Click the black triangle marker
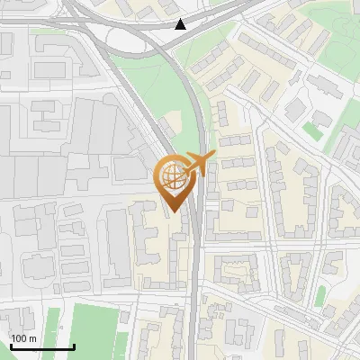(182, 23)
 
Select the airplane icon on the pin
(198, 163)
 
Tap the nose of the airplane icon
(213, 156)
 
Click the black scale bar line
(42, 346)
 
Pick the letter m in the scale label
(33, 338)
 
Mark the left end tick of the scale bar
(11, 346)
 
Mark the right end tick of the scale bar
(74, 346)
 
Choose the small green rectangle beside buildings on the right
(311, 130)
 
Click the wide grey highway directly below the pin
(194, 270)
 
